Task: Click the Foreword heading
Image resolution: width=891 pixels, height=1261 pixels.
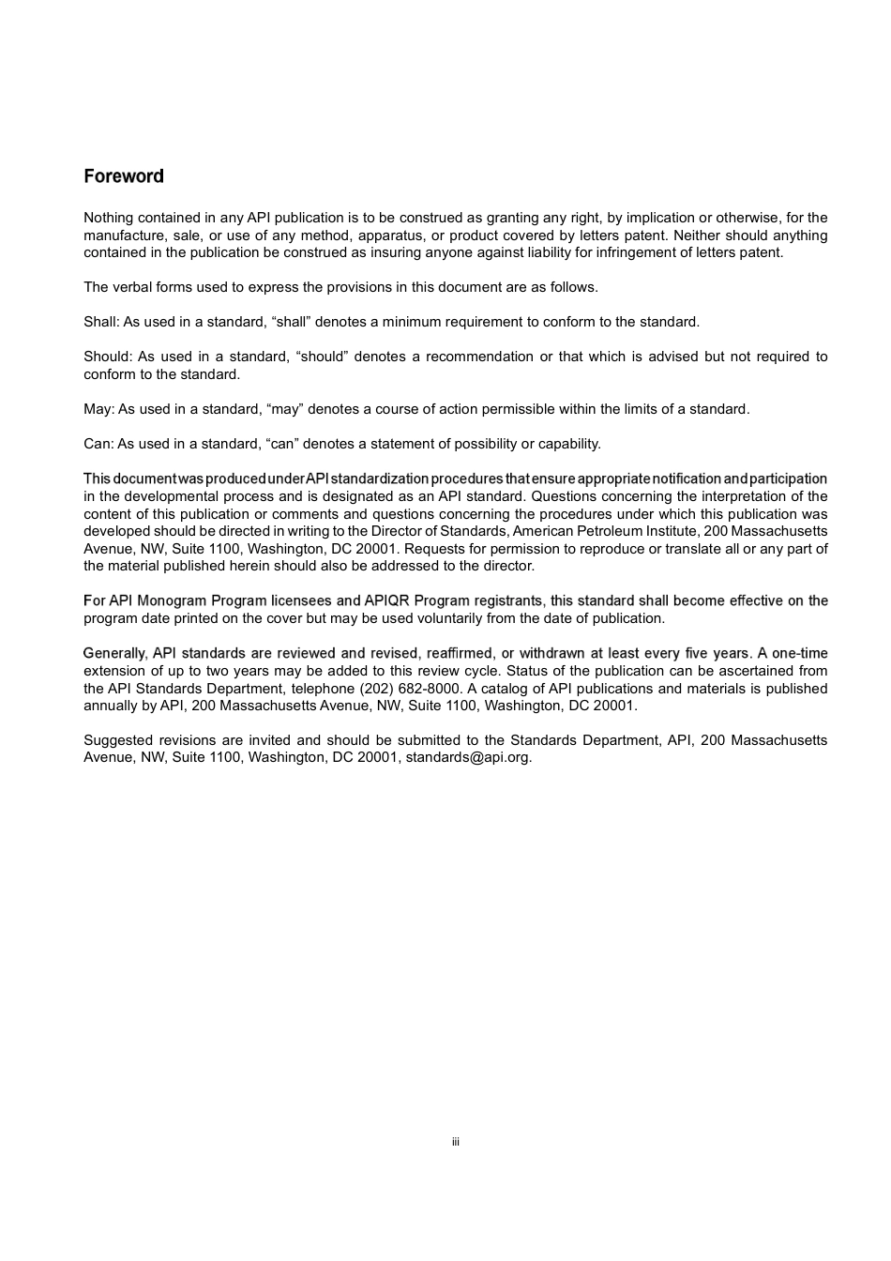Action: tap(124, 176)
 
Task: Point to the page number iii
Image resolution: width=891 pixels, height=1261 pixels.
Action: tap(455, 1142)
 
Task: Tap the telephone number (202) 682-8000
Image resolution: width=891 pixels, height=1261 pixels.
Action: tap(410, 688)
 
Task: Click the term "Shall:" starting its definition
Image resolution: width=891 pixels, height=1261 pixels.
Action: tap(101, 322)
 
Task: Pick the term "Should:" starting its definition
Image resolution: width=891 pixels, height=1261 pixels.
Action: tap(108, 357)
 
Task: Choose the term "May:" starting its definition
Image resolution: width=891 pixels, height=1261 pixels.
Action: tap(98, 409)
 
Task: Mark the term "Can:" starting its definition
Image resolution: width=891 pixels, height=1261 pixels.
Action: tap(98, 444)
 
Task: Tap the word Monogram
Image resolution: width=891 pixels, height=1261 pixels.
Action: tap(174, 600)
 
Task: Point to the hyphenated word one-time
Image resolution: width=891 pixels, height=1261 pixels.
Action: tap(800, 653)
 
